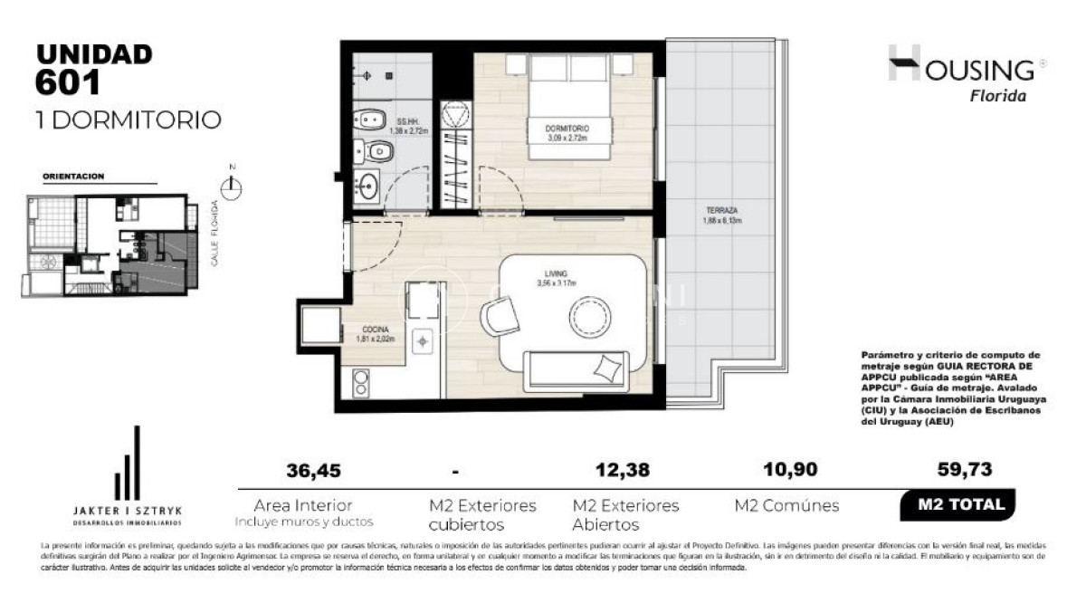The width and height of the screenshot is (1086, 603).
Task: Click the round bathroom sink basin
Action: point(369,188)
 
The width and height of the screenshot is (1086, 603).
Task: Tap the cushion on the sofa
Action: point(608,367)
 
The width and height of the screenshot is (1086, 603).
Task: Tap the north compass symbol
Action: point(233,186)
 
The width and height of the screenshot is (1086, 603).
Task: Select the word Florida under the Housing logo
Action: point(998,97)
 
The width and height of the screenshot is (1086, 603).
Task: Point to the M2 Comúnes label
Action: point(786,506)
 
